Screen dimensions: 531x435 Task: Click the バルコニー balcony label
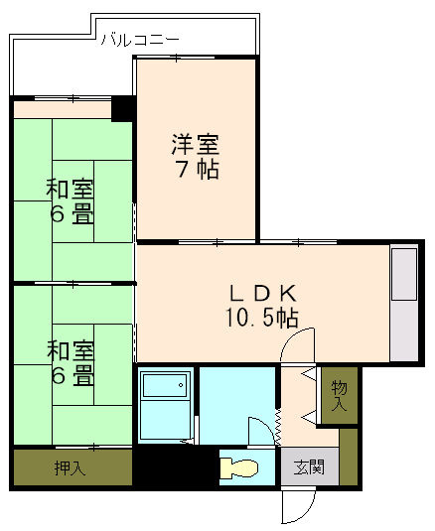click(139, 40)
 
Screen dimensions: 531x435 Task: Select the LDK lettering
click(262, 294)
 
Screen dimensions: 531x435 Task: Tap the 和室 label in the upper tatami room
click(70, 189)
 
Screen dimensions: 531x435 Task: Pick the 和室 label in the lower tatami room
click(70, 351)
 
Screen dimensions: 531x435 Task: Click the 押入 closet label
click(70, 468)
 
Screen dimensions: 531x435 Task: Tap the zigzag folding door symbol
click(279, 426)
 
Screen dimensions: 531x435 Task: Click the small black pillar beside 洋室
click(123, 107)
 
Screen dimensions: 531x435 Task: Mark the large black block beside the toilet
click(175, 466)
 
